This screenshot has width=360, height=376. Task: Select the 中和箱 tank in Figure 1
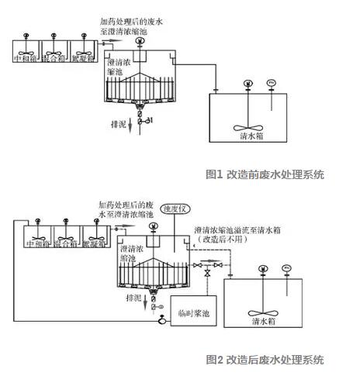[x=27, y=56]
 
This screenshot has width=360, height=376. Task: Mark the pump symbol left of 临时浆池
[x=161, y=318]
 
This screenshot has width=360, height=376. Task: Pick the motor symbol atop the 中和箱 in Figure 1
[x=27, y=36]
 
